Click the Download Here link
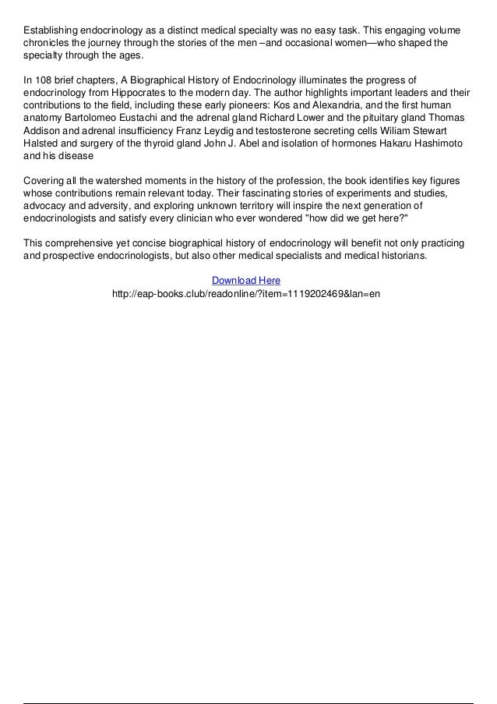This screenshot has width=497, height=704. (x=246, y=280)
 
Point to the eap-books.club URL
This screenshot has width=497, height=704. (x=246, y=294)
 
